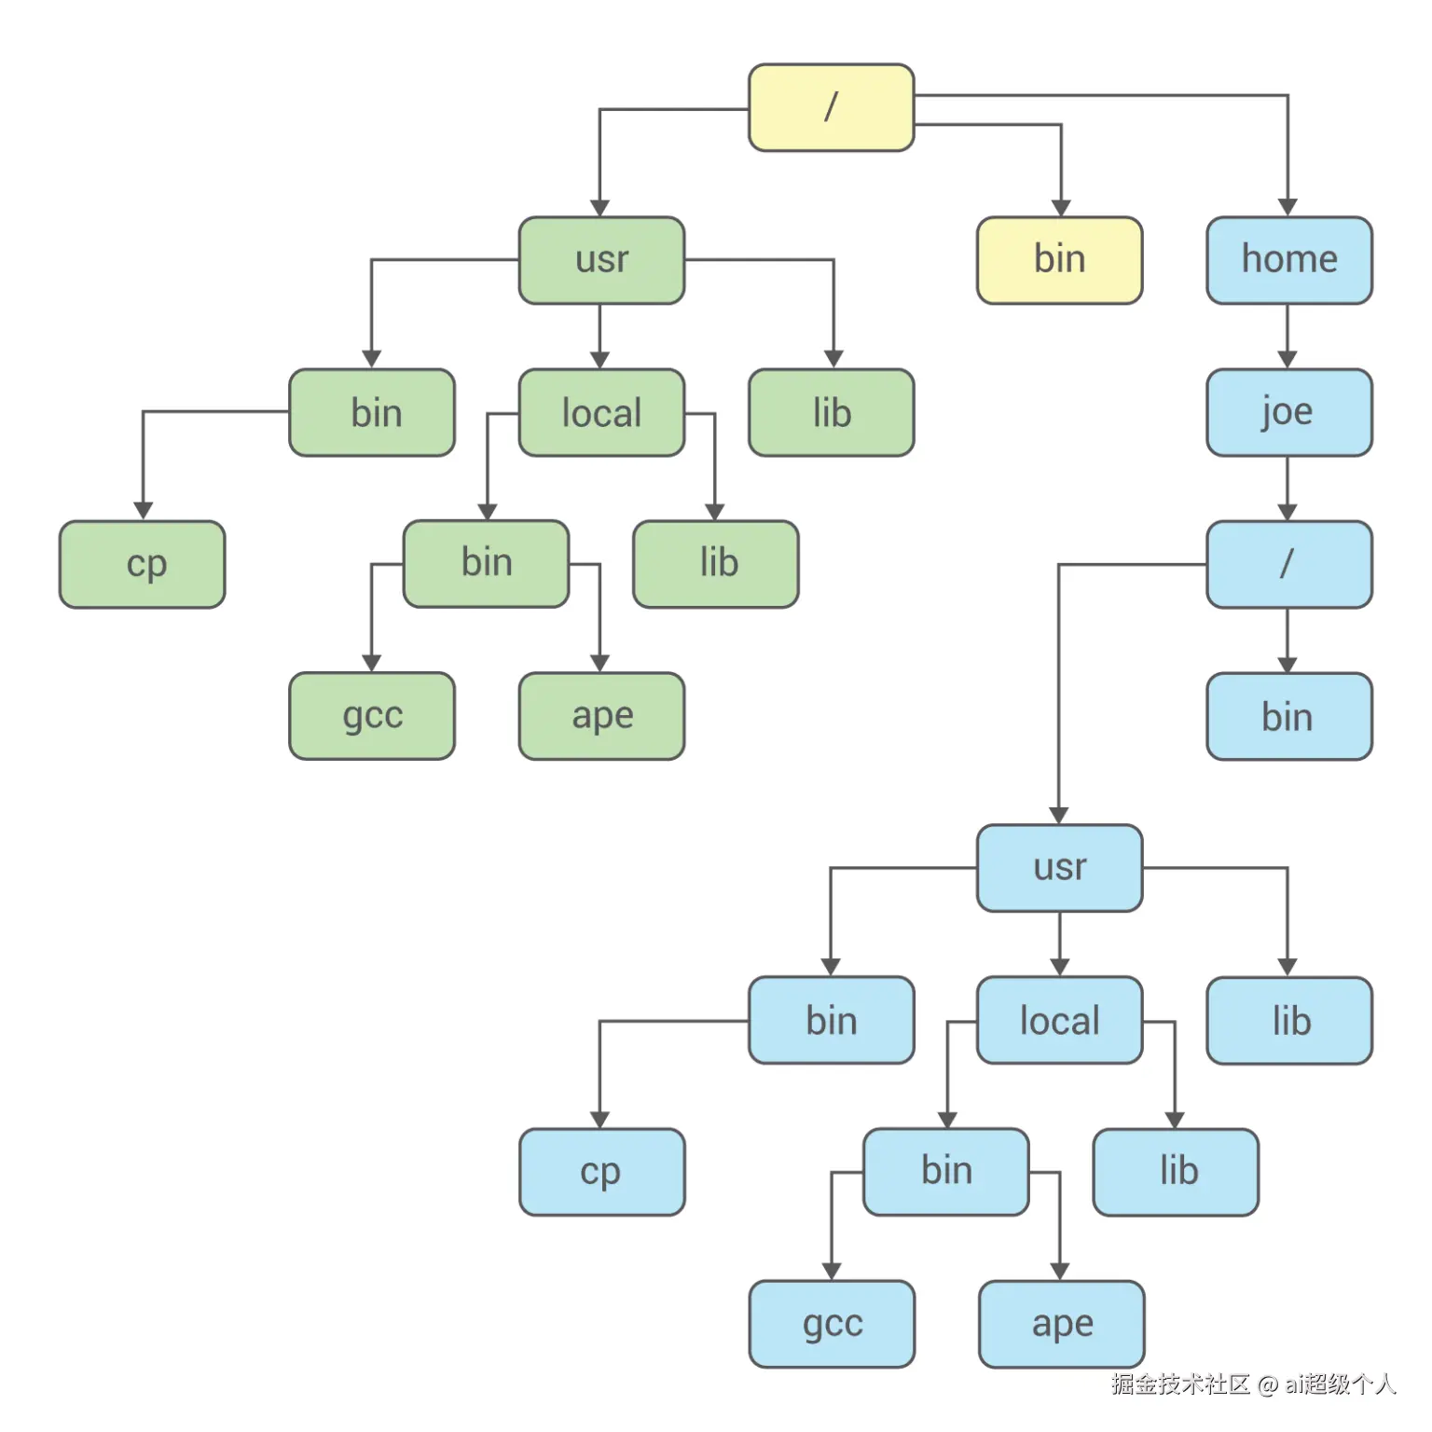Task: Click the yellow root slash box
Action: pyautogui.click(x=831, y=107)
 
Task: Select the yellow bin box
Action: pyautogui.click(x=1059, y=260)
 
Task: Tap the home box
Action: pyautogui.click(x=1288, y=260)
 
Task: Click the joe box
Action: pyautogui.click(x=1288, y=412)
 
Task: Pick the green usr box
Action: pyautogui.click(x=601, y=260)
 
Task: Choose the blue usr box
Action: pyautogui.click(x=1059, y=868)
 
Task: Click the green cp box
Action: pyautogui.click(x=143, y=564)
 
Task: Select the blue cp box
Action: pyautogui.click(x=601, y=1172)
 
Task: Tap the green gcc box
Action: pyautogui.click(x=372, y=716)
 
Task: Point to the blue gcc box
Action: pyautogui.click(x=832, y=1324)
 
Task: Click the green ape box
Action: pyautogui.click(x=601, y=716)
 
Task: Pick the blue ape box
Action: pyautogui.click(x=1061, y=1324)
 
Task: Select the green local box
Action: pyautogui.click(x=601, y=412)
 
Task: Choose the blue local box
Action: pyautogui.click(x=1059, y=1020)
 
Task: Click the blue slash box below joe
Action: pyautogui.click(x=1288, y=564)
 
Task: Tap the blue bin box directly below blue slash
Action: pyautogui.click(x=1288, y=716)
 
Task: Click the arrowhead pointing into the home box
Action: pyautogui.click(x=1287, y=207)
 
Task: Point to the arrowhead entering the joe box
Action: pyautogui.click(x=1287, y=360)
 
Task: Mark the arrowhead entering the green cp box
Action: pyautogui.click(x=143, y=511)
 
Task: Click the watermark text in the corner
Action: pyautogui.click(x=1252, y=1384)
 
